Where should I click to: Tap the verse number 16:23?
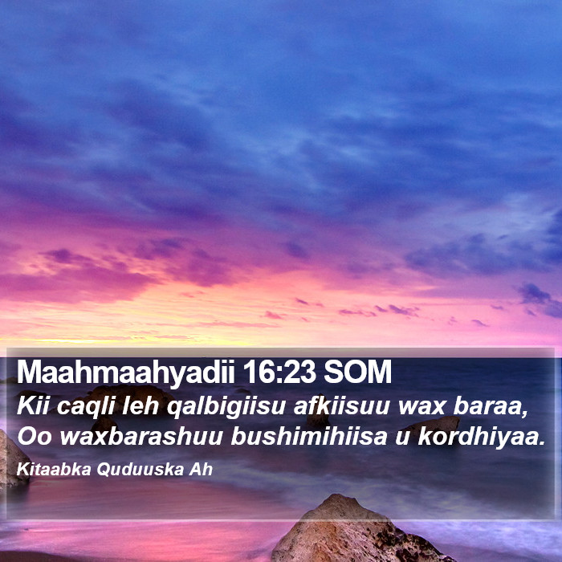[x=279, y=372]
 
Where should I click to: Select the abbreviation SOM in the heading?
[x=358, y=372]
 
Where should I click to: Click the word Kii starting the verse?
[x=32, y=406]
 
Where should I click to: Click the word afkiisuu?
[x=342, y=406]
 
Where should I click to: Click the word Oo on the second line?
[x=35, y=437]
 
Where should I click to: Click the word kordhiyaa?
[x=482, y=437]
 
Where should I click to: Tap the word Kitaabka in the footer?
[x=54, y=470]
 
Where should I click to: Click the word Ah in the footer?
[x=201, y=470]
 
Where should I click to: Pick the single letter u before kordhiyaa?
[x=402, y=438]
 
